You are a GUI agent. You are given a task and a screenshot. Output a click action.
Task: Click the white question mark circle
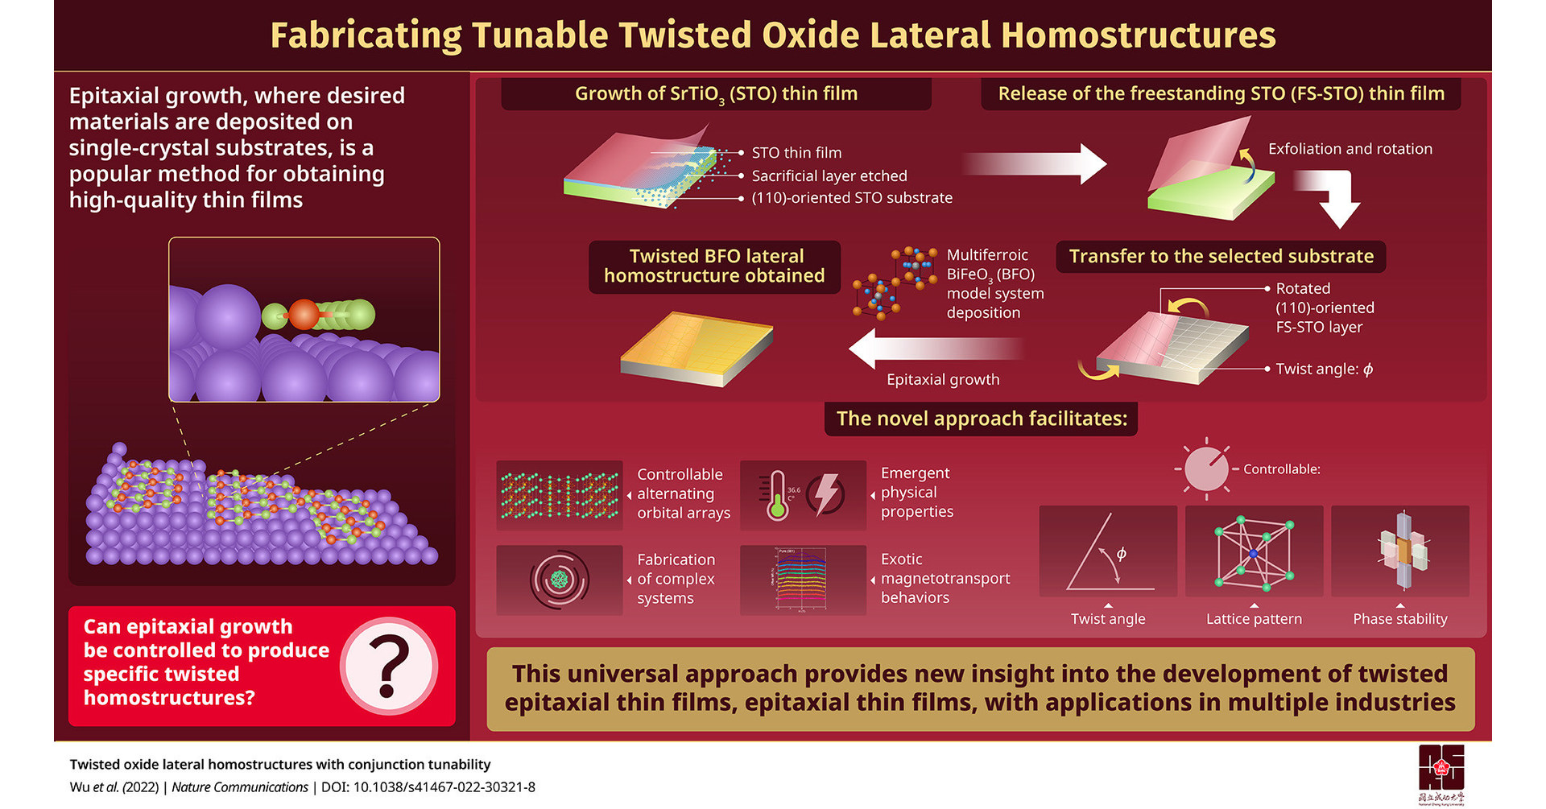(389, 667)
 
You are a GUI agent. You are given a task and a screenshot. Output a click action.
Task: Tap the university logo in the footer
(1441, 772)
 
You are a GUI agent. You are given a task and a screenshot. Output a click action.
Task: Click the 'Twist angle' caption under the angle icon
(1107, 619)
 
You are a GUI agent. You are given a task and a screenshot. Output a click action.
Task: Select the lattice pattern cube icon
(1254, 552)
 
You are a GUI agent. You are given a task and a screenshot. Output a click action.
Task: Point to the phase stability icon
(1400, 551)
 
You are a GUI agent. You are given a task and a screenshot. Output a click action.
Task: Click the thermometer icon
(778, 495)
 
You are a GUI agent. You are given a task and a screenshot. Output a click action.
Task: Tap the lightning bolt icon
(826, 493)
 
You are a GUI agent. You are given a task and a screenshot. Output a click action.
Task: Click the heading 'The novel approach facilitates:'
(981, 419)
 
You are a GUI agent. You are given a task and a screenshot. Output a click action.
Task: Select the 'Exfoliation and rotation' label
(1350, 149)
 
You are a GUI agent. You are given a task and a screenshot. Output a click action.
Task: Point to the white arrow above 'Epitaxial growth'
(934, 349)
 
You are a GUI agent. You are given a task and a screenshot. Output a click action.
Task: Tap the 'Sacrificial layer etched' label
(829, 175)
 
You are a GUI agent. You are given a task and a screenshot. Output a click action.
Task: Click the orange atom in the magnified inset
(304, 315)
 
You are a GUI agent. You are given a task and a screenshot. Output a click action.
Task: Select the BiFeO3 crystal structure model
(895, 283)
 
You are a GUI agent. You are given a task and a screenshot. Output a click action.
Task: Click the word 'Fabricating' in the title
(366, 35)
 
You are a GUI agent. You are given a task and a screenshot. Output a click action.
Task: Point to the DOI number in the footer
(444, 787)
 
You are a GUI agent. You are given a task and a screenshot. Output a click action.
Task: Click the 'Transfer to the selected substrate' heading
(1221, 257)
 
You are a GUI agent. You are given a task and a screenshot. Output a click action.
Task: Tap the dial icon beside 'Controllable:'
(1205, 468)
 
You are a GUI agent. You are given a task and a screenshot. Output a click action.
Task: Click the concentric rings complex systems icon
(559, 580)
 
